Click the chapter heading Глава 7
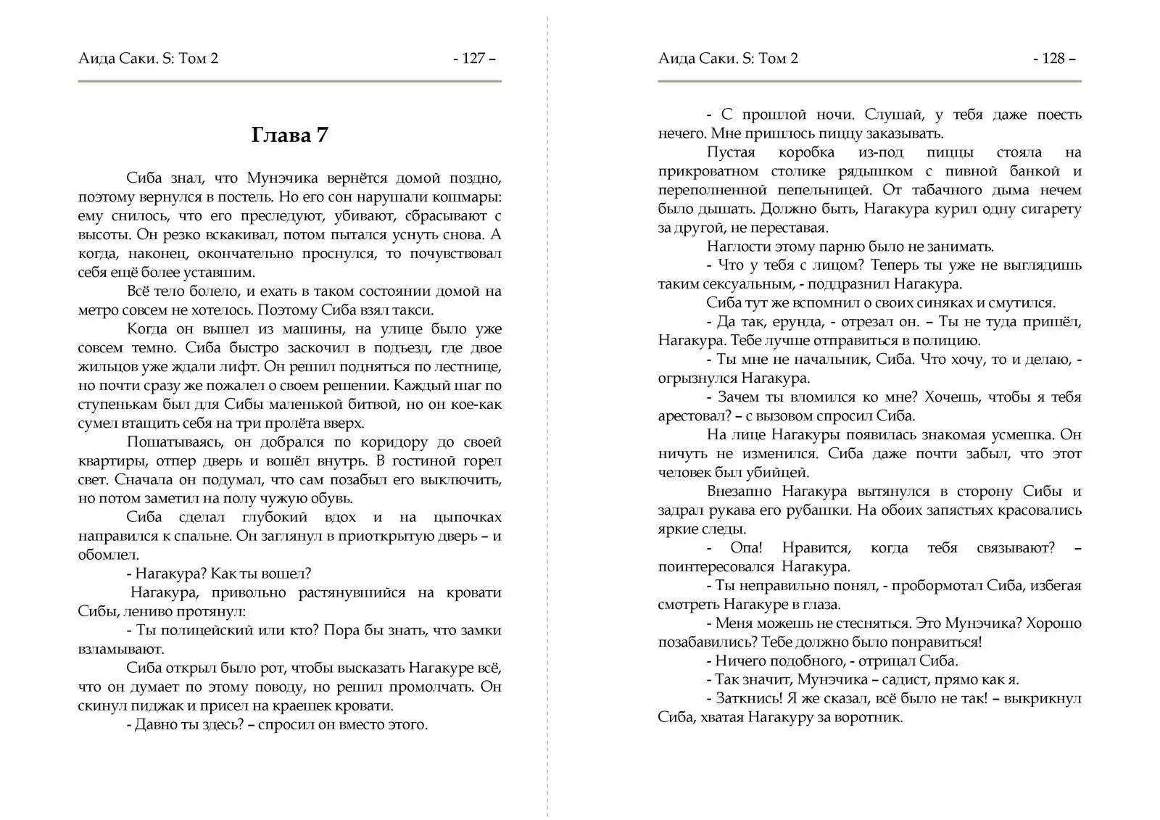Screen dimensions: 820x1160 pos(289,136)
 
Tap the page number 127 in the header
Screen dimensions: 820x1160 pos(474,59)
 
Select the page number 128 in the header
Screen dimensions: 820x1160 pos(1054,59)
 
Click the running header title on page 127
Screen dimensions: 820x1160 pos(148,59)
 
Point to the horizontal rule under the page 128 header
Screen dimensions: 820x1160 pos(869,81)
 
